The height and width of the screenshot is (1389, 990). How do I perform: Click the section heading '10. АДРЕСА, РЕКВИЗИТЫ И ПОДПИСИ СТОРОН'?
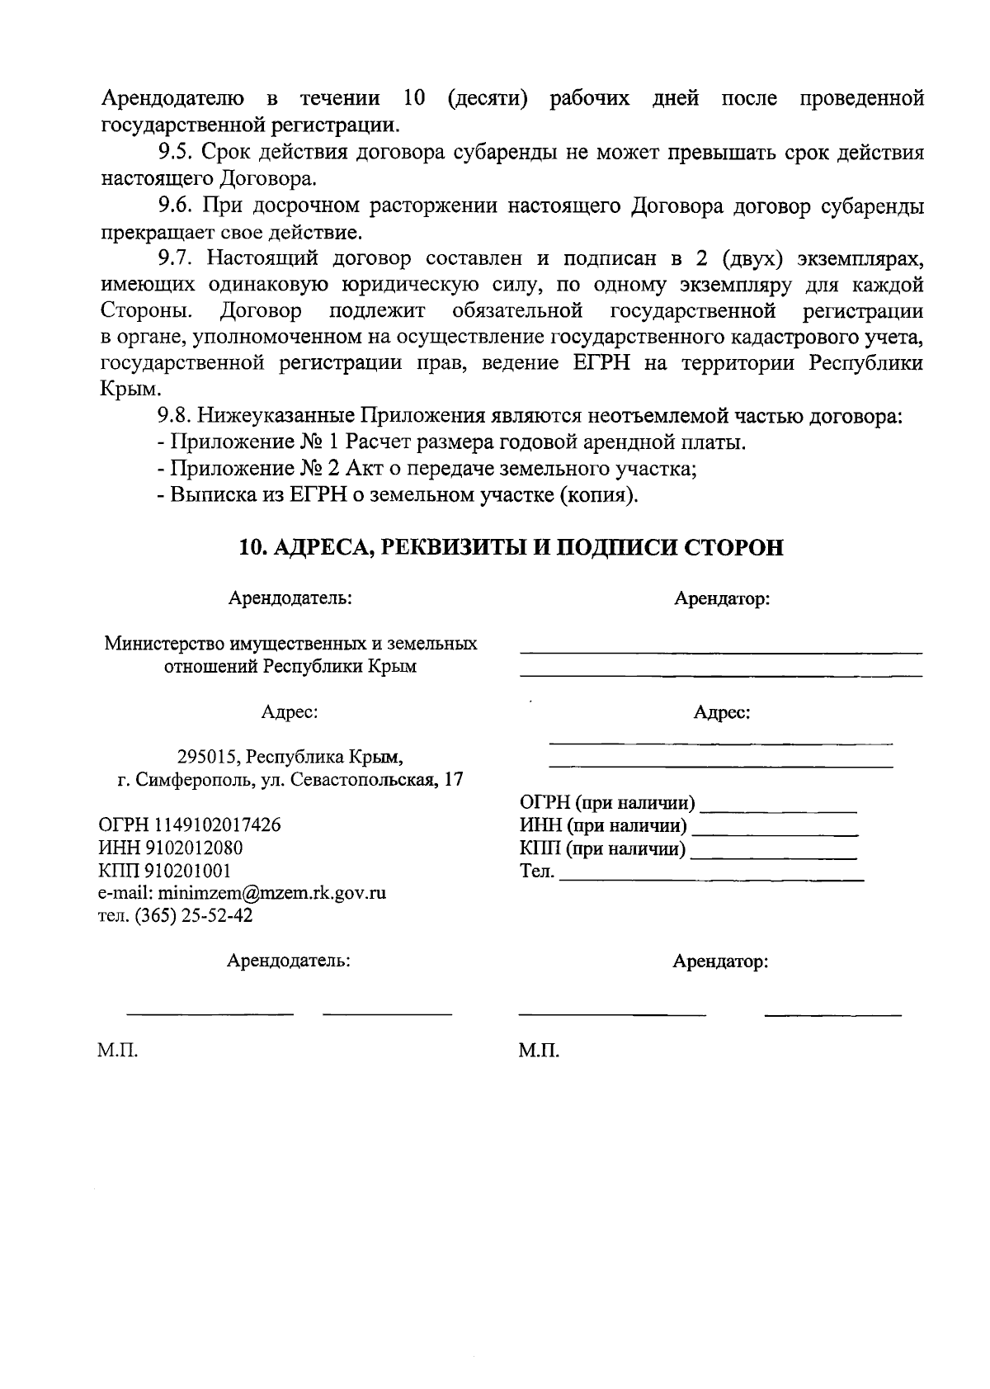511,548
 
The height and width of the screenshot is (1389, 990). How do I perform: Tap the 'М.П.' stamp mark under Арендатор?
540,1051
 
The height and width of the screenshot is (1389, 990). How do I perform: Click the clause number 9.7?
176,258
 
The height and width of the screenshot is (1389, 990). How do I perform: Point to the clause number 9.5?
176,153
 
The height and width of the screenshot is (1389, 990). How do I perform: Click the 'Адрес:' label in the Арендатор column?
721,712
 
